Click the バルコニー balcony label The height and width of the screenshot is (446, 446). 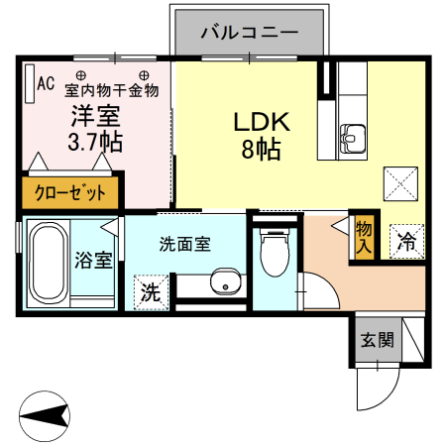[x=250, y=32]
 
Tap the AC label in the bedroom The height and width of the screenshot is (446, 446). [x=46, y=83]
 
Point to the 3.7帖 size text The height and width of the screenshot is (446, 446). [x=95, y=141]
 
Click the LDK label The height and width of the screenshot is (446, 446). [x=260, y=122]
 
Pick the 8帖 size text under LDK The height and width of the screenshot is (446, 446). [x=260, y=151]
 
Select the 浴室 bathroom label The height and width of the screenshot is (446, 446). [x=93, y=262]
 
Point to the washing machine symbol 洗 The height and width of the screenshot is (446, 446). [x=149, y=292]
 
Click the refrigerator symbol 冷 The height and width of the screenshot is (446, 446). [x=406, y=239]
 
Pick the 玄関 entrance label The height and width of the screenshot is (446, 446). [x=377, y=341]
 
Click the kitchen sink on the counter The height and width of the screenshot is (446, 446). [x=353, y=138]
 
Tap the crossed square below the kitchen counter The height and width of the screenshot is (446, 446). [x=400, y=184]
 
